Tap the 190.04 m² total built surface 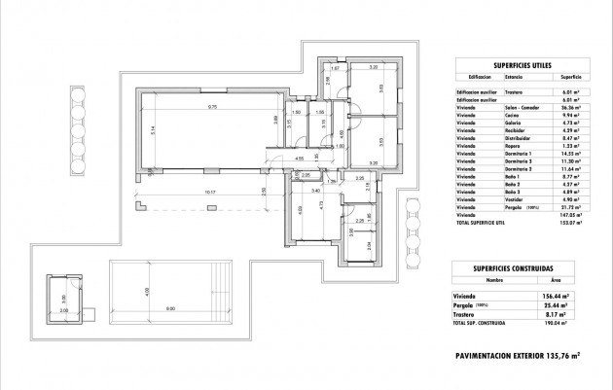point(568,322)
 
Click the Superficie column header point(569,74)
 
